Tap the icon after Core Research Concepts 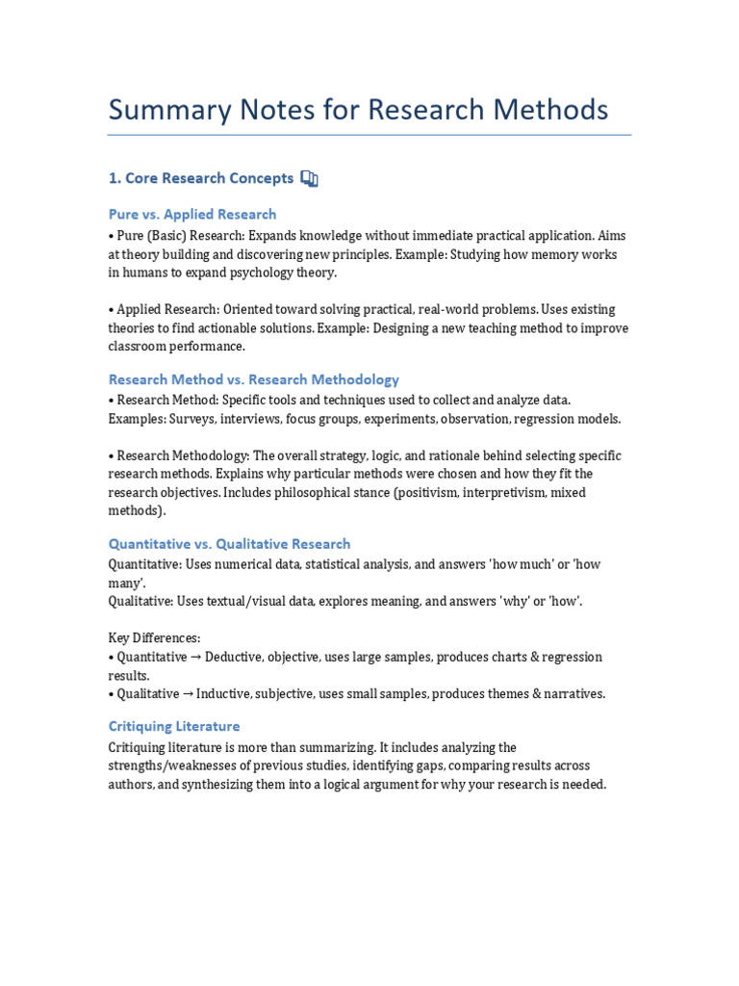click(x=309, y=178)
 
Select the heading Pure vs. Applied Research click(x=192, y=215)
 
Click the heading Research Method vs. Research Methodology click(x=254, y=379)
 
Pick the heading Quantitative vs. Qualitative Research click(x=229, y=544)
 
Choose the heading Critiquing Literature click(x=174, y=726)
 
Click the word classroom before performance click(x=141, y=346)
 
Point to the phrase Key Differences click(x=154, y=637)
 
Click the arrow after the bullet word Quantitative click(x=195, y=657)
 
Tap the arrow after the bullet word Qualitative click(x=188, y=693)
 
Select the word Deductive click(x=236, y=657)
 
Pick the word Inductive click(x=226, y=693)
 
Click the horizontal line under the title click(x=369, y=135)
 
